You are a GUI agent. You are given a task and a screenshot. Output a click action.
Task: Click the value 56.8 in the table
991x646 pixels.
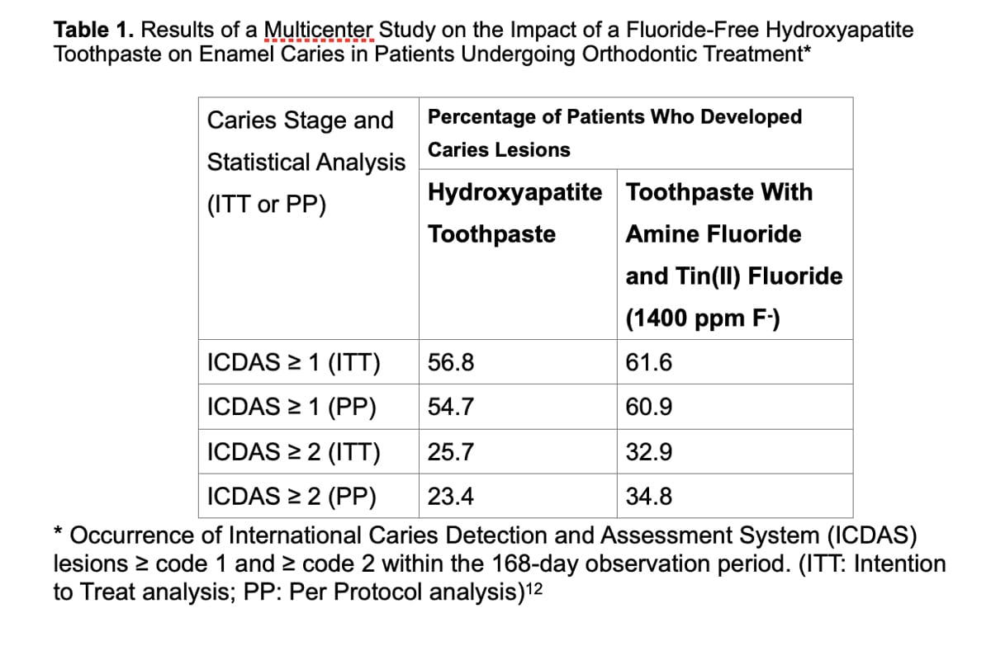point(451,363)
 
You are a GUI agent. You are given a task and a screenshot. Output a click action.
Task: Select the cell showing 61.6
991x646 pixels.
point(649,363)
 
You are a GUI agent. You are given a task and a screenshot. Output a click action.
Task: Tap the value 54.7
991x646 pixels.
point(451,408)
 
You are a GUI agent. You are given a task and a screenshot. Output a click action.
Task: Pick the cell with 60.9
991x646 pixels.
point(649,408)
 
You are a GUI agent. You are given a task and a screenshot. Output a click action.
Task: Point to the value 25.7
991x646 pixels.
point(451,452)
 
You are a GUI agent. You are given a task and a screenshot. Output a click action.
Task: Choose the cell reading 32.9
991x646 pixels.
point(649,452)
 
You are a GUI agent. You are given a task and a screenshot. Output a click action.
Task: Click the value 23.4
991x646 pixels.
point(451,497)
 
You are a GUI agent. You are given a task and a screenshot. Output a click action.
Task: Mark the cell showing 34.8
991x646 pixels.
point(649,497)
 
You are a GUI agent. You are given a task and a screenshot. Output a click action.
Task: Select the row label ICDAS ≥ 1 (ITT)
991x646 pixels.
point(293,363)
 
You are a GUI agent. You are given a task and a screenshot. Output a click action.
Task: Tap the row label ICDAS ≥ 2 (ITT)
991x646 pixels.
point(293,452)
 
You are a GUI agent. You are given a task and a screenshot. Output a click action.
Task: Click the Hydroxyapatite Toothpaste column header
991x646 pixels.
point(514,213)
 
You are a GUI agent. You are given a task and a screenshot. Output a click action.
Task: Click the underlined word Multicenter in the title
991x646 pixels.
point(320,31)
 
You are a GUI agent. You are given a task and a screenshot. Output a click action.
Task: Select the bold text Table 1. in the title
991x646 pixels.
point(94,31)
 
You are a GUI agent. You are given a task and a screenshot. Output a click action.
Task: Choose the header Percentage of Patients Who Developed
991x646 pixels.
point(614,117)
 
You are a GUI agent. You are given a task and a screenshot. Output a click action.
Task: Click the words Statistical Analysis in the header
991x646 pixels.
point(306,162)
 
